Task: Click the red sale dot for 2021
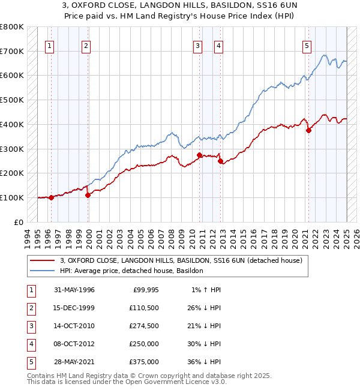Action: click(308, 130)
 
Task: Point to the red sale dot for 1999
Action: click(88, 195)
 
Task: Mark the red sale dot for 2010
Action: click(199, 155)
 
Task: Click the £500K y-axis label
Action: click(11, 100)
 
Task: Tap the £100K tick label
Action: click(11, 197)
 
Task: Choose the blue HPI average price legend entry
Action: click(131, 271)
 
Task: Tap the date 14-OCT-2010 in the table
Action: click(74, 326)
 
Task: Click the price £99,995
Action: click(144, 290)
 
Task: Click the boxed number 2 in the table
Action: click(30, 308)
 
